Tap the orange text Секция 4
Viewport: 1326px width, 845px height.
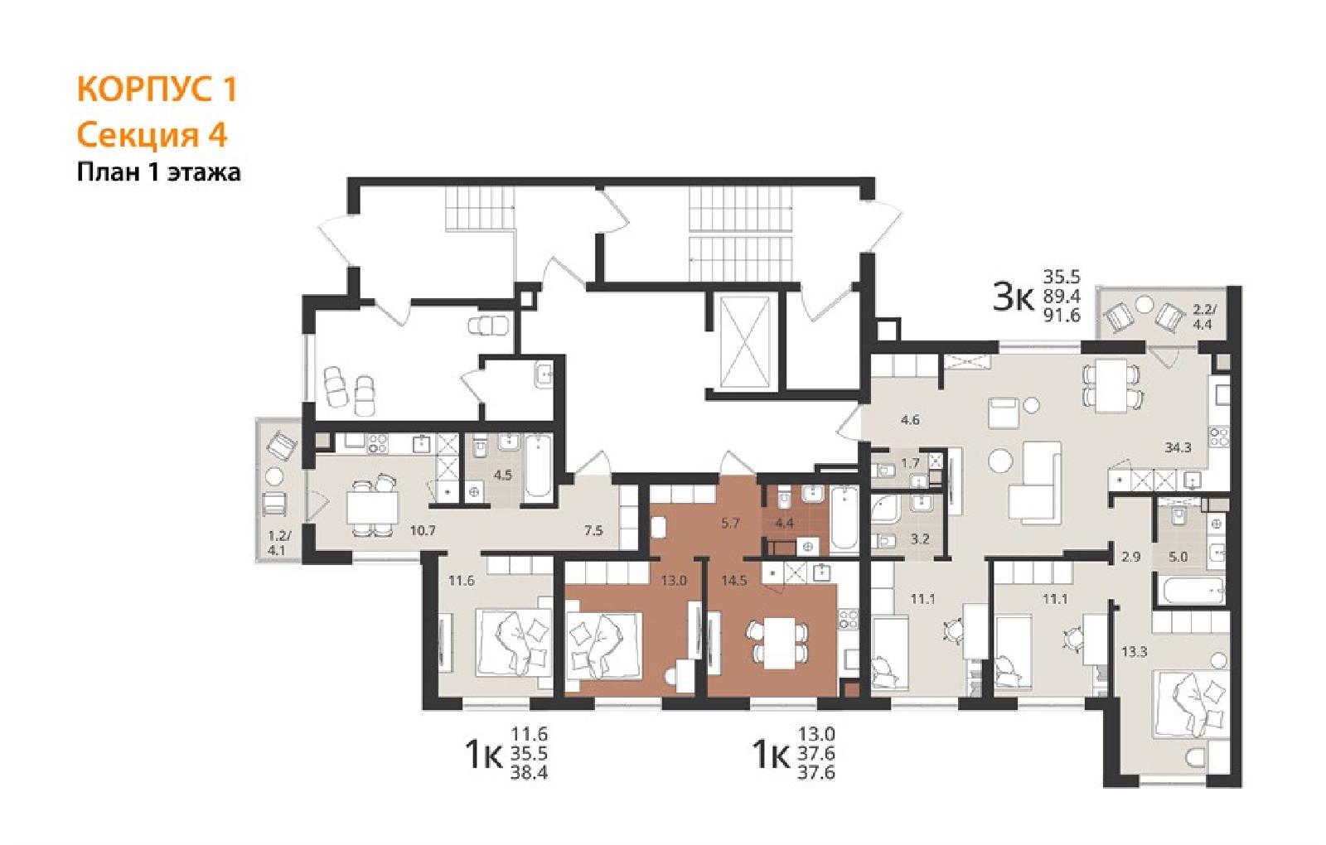coord(152,135)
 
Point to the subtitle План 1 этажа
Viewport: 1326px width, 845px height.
coord(158,172)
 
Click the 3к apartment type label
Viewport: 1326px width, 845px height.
coord(1012,298)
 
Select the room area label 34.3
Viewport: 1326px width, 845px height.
coord(1178,448)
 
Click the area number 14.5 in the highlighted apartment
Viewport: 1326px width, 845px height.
coord(734,581)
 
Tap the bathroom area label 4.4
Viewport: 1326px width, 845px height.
coord(784,523)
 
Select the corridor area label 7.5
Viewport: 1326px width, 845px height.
coord(593,531)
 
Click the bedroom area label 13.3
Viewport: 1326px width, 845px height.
coord(1135,652)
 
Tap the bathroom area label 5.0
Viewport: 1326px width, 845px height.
coord(1178,557)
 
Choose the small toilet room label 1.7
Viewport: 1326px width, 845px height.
coord(910,463)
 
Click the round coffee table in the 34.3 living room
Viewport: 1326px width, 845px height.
coord(999,461)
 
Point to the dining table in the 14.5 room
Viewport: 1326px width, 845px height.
coord(778,642)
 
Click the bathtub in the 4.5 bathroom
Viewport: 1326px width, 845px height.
coord(538,466)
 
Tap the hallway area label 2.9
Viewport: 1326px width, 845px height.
coord(1130,557)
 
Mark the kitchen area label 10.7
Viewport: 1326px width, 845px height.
coord(423,531)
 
